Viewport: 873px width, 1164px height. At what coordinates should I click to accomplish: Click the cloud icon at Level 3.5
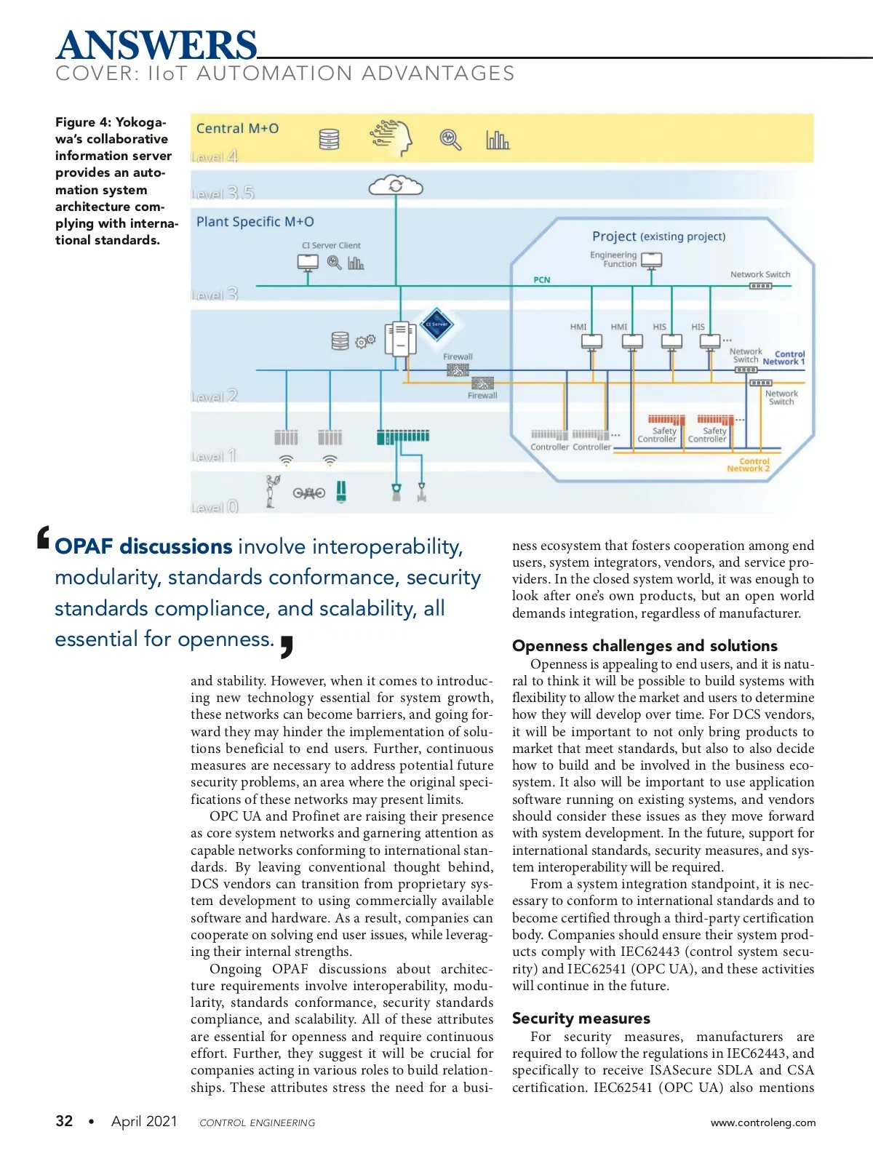pos(396,186)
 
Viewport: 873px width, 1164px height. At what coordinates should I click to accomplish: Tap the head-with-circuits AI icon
pos(391,137)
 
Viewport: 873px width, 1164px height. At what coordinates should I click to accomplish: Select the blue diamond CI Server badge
pos(437,325)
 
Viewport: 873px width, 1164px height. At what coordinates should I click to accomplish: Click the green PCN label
pos(542,280)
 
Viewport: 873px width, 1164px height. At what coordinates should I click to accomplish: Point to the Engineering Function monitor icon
pos(652,260)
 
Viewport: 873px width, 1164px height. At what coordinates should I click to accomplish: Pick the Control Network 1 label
pos(784,358)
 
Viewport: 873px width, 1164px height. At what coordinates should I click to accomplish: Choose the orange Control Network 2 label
pos(749,465)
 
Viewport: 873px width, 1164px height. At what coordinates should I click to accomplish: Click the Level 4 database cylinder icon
pos(330,138)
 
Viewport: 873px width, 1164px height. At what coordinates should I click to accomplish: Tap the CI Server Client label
pos(331,245)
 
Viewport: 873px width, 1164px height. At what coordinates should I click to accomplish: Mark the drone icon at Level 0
pos(309,493)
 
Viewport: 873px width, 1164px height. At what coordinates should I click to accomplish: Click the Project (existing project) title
pos(658,236)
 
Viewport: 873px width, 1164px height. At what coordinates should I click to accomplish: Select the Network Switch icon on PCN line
pos(760,286)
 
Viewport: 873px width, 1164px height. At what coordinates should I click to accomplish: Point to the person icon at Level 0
pos(273,490)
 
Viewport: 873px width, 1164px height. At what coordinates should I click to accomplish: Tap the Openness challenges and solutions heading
pos(645,646)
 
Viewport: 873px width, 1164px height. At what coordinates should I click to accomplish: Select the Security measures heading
pos(581,1018)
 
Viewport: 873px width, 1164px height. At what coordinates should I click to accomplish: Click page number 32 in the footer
pos(64,1121)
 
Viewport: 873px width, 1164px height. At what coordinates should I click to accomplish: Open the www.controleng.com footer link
pos(763,1123)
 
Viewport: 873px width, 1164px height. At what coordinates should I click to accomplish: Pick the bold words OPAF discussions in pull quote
pos(143,546)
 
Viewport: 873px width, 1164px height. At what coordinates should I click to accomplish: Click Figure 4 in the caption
pos(84,122)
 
